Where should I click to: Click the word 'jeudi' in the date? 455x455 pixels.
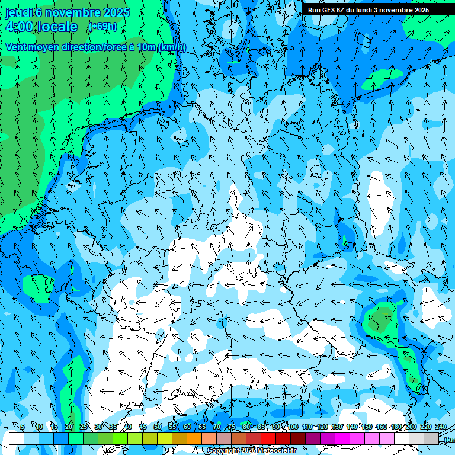[19, 12]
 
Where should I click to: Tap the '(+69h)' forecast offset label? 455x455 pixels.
[102, 27]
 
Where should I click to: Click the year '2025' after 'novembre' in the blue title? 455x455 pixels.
[116, 12]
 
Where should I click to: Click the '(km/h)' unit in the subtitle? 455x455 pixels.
[172, 47]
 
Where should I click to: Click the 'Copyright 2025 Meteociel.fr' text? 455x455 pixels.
[251, 451]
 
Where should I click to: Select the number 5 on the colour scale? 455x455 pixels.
[23, 427]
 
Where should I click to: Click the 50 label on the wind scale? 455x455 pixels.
[158, 427]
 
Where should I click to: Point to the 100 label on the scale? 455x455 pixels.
[293, 427]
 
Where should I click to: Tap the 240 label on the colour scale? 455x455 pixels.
[441, 427]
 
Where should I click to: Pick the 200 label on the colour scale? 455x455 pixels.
[410, 427]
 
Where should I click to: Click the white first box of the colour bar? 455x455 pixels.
[17, 438]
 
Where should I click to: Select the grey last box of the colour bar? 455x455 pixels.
[431, 438]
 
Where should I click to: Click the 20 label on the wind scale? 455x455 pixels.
[68, 427]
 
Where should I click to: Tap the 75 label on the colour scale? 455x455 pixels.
[232, 427]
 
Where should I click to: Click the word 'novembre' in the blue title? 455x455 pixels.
[73, 12]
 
